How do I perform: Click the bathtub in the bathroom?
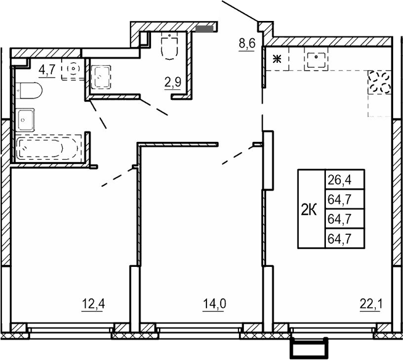[x=49, y=149]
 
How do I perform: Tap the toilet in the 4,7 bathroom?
[x=30, y=92]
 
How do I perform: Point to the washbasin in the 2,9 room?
[x=100, y=78]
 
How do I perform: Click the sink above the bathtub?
[x=26, y=118]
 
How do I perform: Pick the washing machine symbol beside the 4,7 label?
[x=73, y=69]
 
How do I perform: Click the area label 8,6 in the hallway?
[x=246, y=44]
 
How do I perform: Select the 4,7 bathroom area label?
[x=47, y=68]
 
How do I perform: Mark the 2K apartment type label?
[x=309, y=210]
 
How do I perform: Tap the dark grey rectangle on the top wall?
[x=205, y=27]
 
